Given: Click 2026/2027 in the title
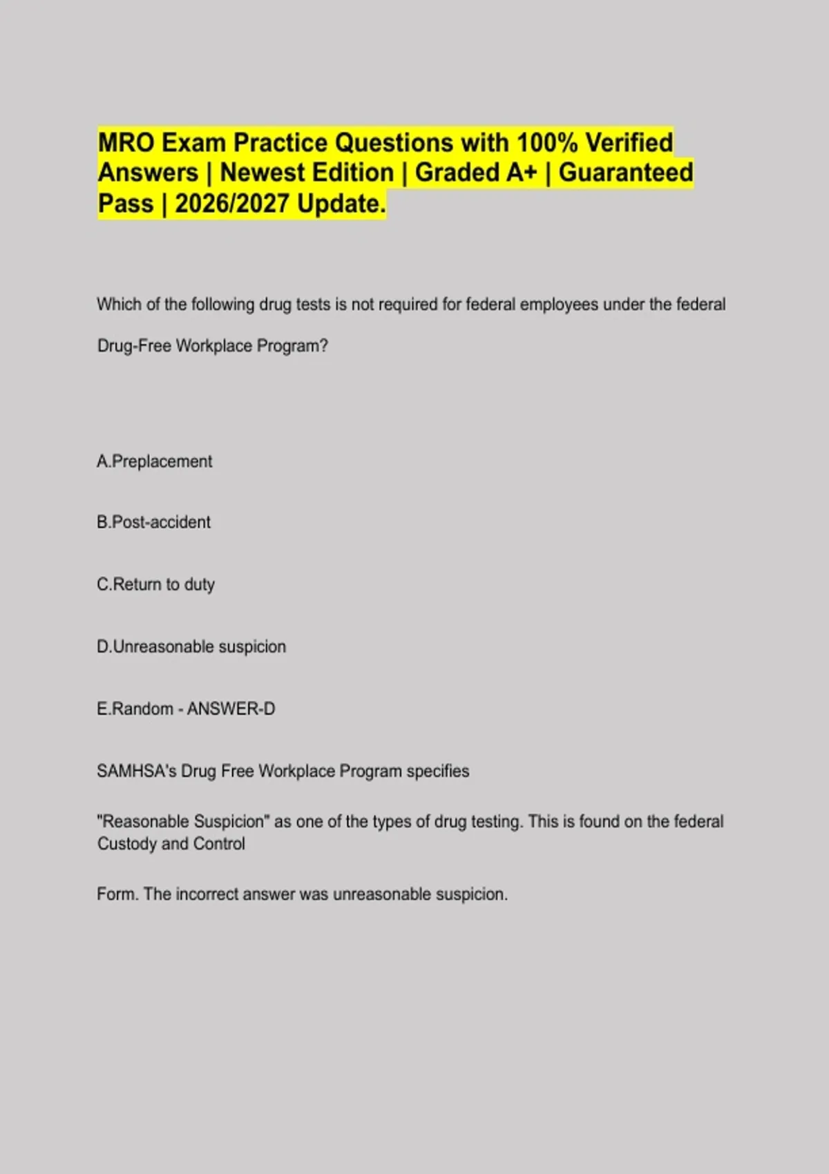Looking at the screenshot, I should (x=232, y=204).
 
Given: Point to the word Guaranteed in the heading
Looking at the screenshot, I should (x=625, y=173).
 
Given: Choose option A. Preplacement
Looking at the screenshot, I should (x=155, y=461).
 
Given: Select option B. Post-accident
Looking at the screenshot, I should (x=154, y=522).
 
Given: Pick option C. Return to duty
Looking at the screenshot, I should (x=156, y=584).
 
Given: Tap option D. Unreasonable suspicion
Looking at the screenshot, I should (x=191, y=646).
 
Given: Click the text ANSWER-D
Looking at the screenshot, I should (x=231, y=709).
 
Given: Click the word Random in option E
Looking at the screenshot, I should (x=142, y=709).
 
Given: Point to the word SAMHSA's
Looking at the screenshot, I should (x=136, y=771).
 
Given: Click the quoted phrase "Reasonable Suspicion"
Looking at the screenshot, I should (x=183, y=821).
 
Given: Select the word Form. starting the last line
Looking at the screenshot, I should (x=117, y=894).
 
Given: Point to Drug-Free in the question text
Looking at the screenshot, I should (x=134, y=345).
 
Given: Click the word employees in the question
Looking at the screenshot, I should (x=559, y=305).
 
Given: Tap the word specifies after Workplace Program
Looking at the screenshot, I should (x=437, y=771).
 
